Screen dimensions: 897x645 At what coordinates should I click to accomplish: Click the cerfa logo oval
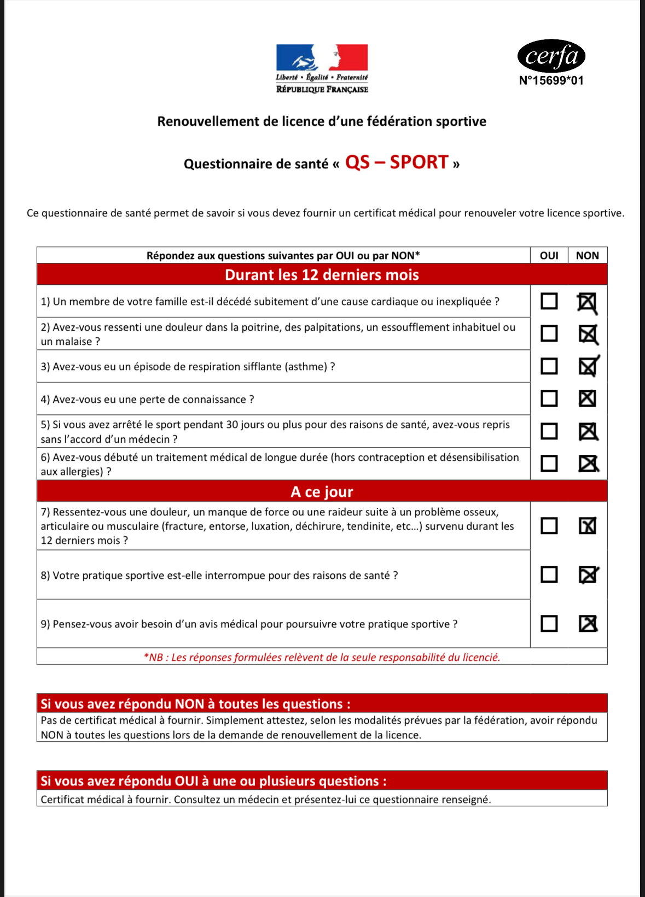click(551, 56)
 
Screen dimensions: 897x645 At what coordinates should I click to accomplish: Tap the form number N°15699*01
click(551, 80)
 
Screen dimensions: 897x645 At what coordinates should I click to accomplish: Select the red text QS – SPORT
click(397, 162)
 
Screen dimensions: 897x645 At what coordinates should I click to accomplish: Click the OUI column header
click(549, 255)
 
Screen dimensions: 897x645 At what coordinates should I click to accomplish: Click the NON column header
click(587, 255)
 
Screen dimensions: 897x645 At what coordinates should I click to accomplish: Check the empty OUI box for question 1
click(549, 301)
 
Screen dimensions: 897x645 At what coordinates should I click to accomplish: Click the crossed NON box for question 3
click(588, 366)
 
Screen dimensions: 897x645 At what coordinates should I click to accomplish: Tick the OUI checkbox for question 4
click(549, 398)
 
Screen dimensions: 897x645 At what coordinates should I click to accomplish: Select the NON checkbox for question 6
click(588, 464)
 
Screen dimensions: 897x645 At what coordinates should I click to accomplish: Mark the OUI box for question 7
click(549, 526)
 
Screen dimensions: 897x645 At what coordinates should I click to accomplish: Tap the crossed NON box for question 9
click(588, 624)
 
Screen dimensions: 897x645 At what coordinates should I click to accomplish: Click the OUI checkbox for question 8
click(549, 574)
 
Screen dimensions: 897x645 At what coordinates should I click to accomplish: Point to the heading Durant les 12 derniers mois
click(322, 274)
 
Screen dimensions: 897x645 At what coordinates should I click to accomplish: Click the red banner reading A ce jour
click(322, 491)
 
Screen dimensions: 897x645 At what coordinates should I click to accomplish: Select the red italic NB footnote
click(322, 657)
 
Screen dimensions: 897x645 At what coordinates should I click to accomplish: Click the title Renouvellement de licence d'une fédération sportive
click(322, 121)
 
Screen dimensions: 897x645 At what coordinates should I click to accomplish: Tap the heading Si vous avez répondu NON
click(195, 703)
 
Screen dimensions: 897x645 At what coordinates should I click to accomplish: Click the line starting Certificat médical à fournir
click(266, 799)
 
